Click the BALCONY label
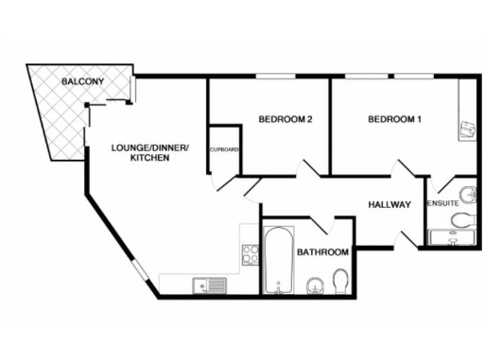(82, 83)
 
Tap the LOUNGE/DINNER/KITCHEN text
(150, 152)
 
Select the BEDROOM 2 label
(285, 119)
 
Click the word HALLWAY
(389, 204)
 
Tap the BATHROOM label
(323, 252)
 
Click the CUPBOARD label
(223, 149)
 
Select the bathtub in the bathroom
(278, 260)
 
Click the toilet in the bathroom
(340, 281)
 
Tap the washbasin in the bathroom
(316, 284)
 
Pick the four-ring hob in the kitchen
(251, 253)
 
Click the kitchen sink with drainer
(208, 285)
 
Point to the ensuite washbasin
(463, 188)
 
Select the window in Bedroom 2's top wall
(271, 78)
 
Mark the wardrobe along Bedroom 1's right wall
(466, 113)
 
